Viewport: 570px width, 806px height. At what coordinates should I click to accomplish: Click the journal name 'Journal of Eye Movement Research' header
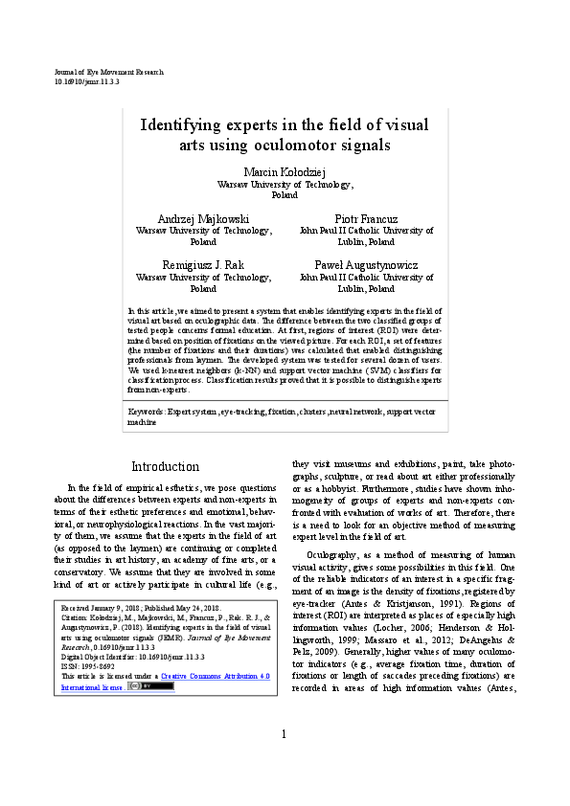[x=109, y=73]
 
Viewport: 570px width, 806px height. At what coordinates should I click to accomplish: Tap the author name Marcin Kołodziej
[x=285, y=170]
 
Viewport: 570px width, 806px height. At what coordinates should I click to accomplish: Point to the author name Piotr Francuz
[x=366, y=218]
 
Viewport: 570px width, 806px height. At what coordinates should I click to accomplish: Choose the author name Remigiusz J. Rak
[x=203, y=264]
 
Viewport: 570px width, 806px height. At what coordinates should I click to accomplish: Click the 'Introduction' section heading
[x=165, y=467]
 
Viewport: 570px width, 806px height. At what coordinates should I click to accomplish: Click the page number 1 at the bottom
[x=285, y=761]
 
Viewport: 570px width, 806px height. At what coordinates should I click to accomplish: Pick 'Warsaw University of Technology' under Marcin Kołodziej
[x=285, y=183]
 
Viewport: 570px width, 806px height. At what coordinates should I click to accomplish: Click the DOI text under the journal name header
[x=86, y=83]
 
